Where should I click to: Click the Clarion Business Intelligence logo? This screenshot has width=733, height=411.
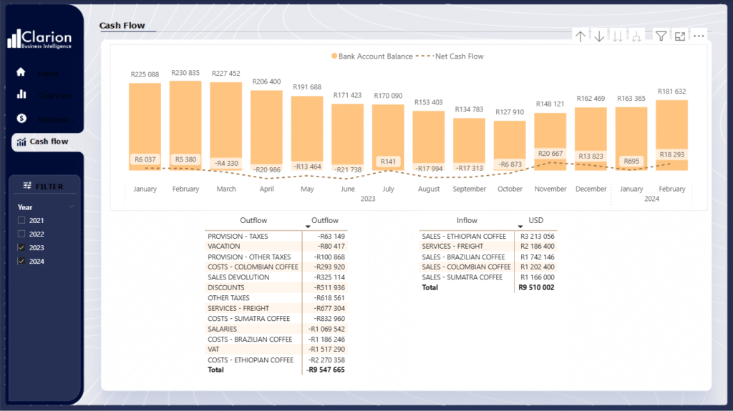(x=39, y=39)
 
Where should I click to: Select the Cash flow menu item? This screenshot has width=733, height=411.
(x=48, y=142)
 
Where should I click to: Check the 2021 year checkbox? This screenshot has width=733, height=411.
(x=21, y=220)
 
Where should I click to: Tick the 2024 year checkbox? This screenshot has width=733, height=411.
(x=21, y=262)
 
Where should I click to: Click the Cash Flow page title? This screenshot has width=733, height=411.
(x=122, y=26)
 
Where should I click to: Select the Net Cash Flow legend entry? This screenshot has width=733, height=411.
(x=458, y=56)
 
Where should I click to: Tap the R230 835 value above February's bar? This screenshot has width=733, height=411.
(x=185, y=73)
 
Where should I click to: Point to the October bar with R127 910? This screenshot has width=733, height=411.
(x=510, y=143)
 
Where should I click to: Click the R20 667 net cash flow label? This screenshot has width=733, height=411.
(x=550, y=154)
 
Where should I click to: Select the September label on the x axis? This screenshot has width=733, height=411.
(x=470, y=189)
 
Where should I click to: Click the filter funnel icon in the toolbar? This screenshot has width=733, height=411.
(x=661, y=36)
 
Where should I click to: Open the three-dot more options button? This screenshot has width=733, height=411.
(x=699, y=36)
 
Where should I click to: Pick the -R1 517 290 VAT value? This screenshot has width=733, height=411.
(x=326, y=350)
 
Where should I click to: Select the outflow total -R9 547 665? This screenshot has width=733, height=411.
(x=326, y=370)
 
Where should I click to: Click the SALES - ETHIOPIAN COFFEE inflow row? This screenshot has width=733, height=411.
(x=464, y=237)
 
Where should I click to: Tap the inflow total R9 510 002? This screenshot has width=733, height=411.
(x=536, y=287)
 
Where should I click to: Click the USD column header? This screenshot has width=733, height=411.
(x=535, y=221)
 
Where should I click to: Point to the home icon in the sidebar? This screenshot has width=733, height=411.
(x=21, y=72)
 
